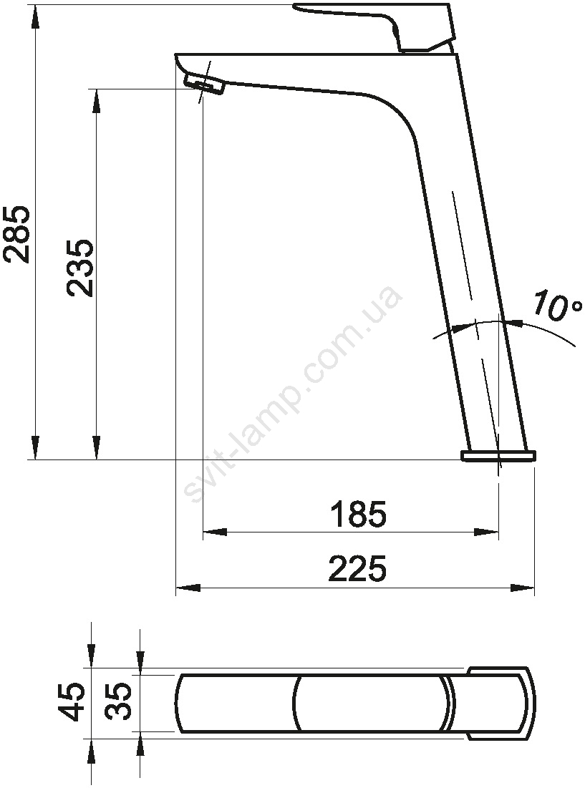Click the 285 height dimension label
[16, 234]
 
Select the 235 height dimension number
[80, 268]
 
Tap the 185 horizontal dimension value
[359, 514]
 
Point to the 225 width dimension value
[358, 568]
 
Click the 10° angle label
[557, 305]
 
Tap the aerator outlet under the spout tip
[204, 84]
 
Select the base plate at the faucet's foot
[498, 456]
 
